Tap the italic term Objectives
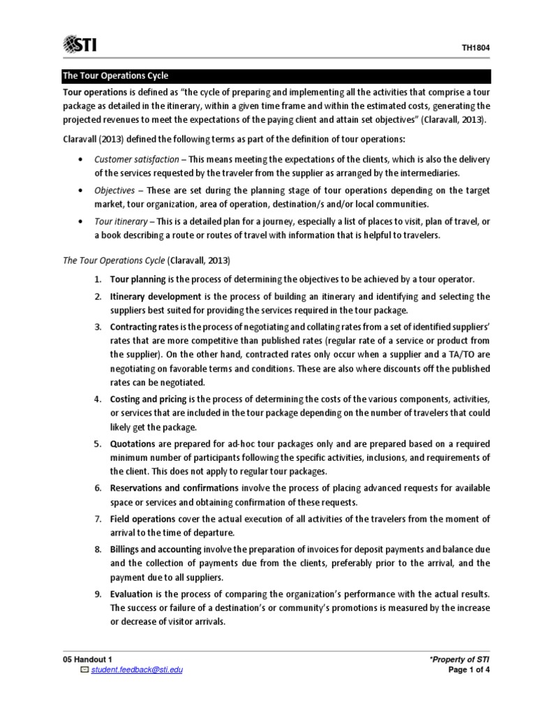[115, 190]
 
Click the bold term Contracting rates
[144, 327]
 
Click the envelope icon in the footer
[84, 671]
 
